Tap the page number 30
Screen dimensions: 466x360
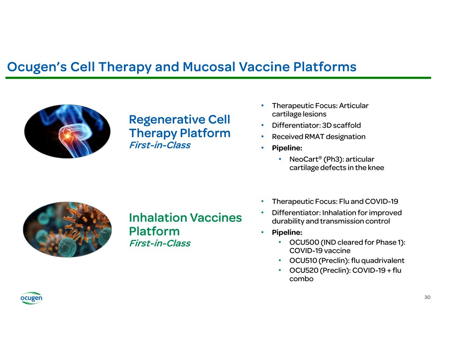pyautogui.click(x=427, y=297)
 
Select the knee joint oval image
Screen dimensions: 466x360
pyautogui.click(x=67, y=131)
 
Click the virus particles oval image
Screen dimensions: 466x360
pyautogui.click(x=67, y=229)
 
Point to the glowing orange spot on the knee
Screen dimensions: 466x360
pyautogui.click(x=67, y=135)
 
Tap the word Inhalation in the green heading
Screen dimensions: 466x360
pyautogui.click(x=158, y=218)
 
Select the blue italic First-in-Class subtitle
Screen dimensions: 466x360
pyautogui.click(x=160, y=145)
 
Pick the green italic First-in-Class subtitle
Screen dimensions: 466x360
pyautogui.click(x=160, y=243)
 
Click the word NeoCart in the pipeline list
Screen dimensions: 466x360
pyautogui.click(x=303, y=159)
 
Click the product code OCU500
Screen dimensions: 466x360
pyautogui.click(x=304, y=242)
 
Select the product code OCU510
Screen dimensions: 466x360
pyautogui.click(x=303, y=261)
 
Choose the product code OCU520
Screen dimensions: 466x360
pyautogui.click(x=304, y=271)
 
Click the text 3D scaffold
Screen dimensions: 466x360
pyautogui.click(x=341, y=125)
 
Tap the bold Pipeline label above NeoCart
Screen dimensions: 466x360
pyautogui.click(x=287, y=148)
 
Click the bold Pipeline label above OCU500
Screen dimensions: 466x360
pyautogui.click(x=287, y=232)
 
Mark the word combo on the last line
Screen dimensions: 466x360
pyautogui.click(x=301, y=279)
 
